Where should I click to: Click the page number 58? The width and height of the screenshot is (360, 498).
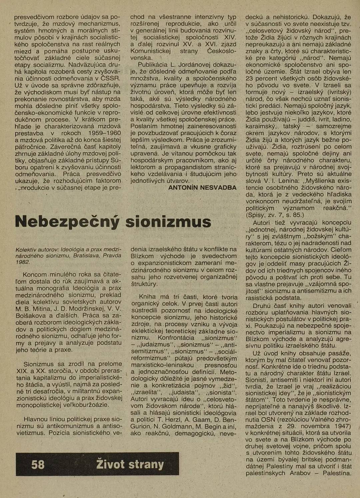coord(38,464)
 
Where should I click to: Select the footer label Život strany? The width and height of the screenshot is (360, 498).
coord(130,464)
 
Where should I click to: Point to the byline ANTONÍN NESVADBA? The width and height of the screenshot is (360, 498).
coord(202,188)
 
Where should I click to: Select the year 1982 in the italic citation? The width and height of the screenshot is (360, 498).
coord(23,262)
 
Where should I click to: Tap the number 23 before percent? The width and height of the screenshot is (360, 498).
coord(249,79)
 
